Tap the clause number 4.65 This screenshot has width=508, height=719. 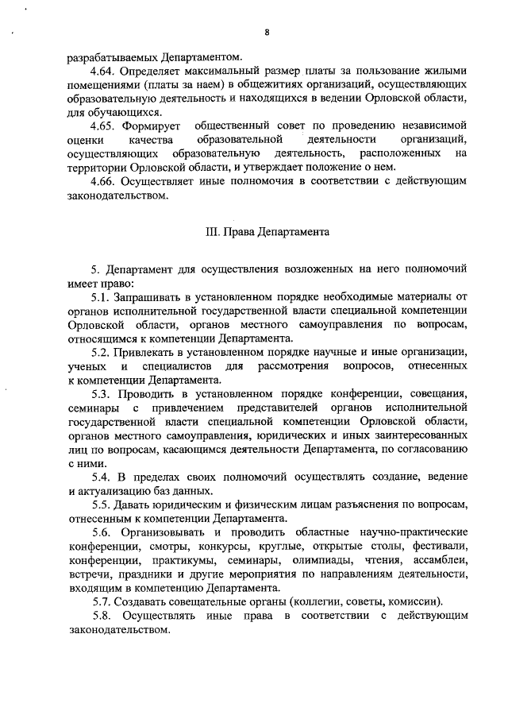click(105, 126)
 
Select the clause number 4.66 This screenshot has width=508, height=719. click(105, 180)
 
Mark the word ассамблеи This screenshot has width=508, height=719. click(437, 559)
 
